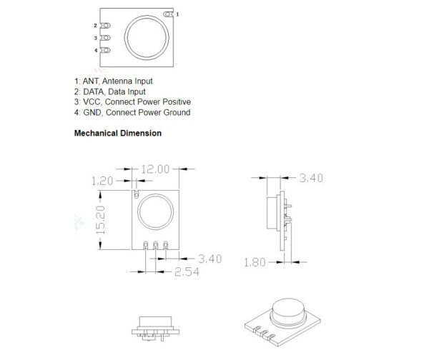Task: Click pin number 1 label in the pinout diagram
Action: coord(178,14)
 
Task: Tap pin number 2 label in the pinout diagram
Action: coord(95,26)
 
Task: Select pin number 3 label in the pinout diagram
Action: coord(95,38)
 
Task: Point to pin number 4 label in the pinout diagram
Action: coord(95,50)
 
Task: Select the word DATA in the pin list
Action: coord(94,91)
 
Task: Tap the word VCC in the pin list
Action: coord(92,101)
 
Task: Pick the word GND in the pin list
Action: coord(93,112)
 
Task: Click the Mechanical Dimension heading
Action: coord(117,133)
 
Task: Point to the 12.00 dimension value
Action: coord(155,169)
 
